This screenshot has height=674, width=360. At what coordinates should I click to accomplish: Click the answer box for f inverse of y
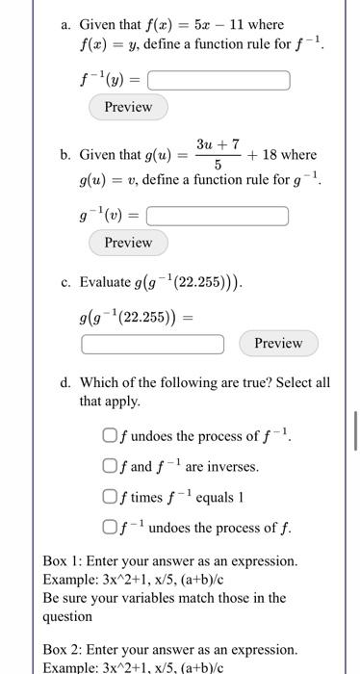click(218, 80)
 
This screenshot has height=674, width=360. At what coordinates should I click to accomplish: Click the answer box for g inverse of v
click(218, 216)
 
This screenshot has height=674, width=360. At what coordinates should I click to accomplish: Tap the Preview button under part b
click(128, 243)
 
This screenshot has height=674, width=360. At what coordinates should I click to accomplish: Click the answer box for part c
click(152, 344)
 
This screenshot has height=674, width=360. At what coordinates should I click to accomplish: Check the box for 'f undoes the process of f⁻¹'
click(110, 436)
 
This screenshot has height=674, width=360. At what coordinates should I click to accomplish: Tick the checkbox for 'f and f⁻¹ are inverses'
click(110, 466)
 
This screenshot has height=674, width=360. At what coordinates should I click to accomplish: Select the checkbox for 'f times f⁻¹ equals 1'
click(110, 497)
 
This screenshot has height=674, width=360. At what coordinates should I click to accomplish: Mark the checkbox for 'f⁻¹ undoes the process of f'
click(110, 528)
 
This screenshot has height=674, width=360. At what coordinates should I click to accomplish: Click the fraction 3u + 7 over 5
click(217, 154)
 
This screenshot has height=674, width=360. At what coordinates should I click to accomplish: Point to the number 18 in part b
click(270, 154)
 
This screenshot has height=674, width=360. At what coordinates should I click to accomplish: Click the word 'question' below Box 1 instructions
click(67, 616)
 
